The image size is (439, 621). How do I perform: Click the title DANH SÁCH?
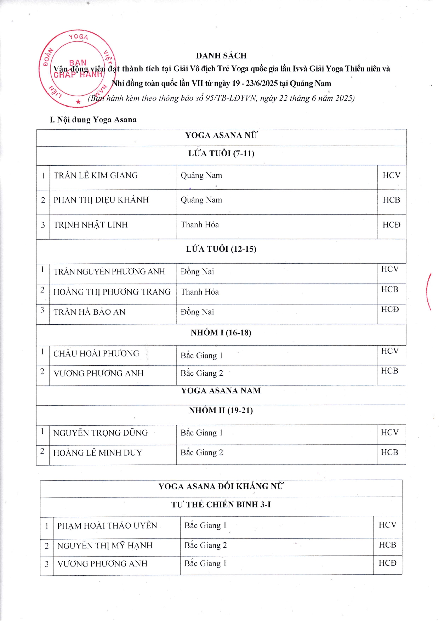click(x=221, y=56)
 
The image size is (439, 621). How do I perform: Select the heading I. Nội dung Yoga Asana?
click(x=93, y=120)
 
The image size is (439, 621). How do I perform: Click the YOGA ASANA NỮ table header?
click(x=221, y=135)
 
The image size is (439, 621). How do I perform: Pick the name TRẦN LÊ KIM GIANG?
click(x=96, y=175)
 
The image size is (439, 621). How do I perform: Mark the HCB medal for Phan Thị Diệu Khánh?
click(x=391, y=200)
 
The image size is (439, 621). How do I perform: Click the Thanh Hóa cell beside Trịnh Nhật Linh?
click(x=200, y=225)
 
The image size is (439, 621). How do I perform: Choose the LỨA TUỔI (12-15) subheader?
click(x=221, y=249)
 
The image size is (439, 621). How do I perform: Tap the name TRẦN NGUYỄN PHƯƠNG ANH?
click(x=109, y=272)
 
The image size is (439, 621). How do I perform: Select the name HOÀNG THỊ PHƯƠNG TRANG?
click(x=112, y=292)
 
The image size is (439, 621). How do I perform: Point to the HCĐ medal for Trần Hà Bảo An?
click(x=390, y=309)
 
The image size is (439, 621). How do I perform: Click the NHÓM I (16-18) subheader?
click(x=221, y=332)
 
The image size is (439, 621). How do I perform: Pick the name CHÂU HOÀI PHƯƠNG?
click(x=96, y=353)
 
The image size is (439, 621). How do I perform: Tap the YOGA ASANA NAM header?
click(x=221, y=391)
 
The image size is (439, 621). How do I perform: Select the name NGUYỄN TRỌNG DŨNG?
click(x=101, y=433)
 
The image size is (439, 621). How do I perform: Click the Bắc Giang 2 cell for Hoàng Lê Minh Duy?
click(x=202, y=452)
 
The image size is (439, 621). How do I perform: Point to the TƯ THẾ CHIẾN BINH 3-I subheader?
click(x=221, y=505)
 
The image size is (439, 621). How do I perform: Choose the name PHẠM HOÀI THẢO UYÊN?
click(x=107, y=525)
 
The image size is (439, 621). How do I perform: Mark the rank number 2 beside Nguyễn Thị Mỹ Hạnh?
click(x=47, y=546)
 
